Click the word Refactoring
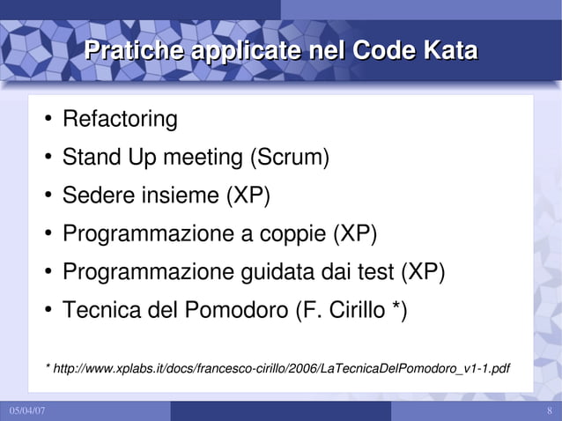coord(120,118)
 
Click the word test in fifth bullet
coord(378,272)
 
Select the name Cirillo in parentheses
coord(351,311)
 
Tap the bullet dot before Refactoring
coord(47,119)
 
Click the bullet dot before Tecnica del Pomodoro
coord(47,312)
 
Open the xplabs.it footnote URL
coord(282,366)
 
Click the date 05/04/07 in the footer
coord(28,412)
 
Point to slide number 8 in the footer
coord(549,412)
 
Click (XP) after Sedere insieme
coord(248,196)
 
